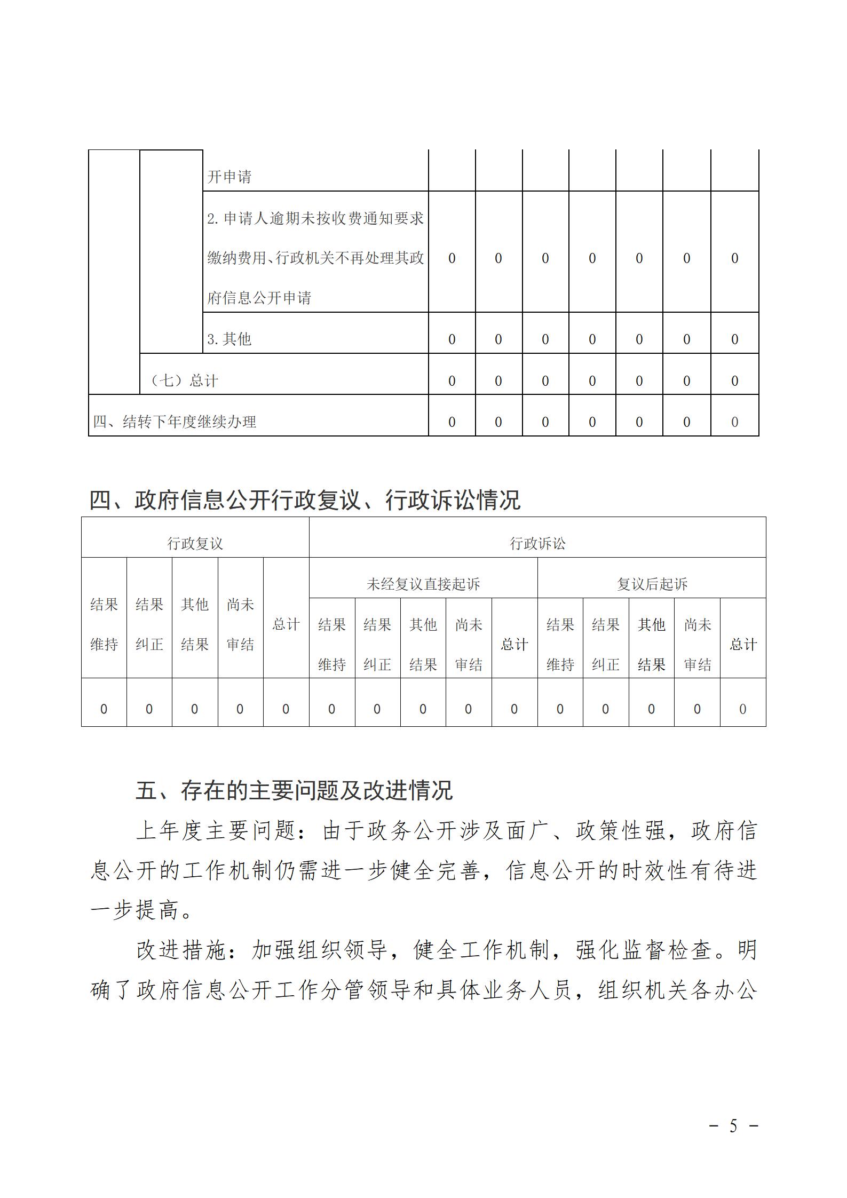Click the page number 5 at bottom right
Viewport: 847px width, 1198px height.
pos(733,1126)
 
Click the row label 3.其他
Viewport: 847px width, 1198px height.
pos(229,339)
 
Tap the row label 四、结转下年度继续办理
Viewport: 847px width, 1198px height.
pos(175,422)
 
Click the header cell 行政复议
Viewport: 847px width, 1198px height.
pos(195,543)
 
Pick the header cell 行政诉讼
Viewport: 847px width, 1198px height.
pos(537,543)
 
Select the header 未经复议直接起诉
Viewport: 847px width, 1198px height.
pos(423,584)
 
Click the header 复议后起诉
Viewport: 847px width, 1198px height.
pos(652,584)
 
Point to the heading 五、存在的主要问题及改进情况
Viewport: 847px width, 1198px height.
pos(294,791)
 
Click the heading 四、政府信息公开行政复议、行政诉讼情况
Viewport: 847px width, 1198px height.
pos(304,500)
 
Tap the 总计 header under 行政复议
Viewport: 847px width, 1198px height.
pos(286,624)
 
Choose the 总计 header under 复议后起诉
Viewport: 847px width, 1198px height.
pos(743,644)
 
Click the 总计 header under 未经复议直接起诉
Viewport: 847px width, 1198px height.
pos(514,644)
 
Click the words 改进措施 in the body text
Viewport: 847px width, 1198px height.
pos(182,950)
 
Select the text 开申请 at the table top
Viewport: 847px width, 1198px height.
pos(229,177)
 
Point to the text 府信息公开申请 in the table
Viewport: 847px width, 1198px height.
pos(259,297)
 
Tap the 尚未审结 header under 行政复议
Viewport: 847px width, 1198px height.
pos(240,624)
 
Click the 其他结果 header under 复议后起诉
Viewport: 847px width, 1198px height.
pos(652,644)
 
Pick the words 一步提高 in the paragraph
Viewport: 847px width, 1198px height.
pos(136,910)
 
